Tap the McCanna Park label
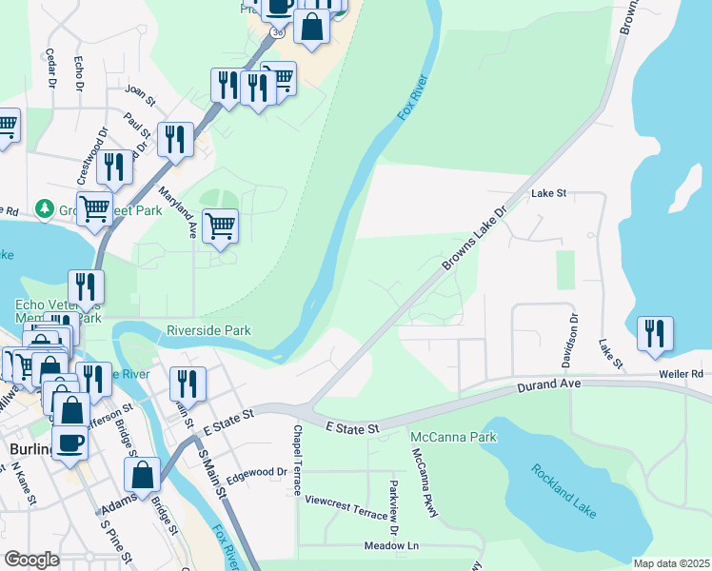tap(441, 437)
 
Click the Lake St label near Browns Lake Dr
tap(549, 192)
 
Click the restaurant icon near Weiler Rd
tap(655, 333)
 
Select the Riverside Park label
tap(208, 330)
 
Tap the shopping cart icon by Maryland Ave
tap(221, 226)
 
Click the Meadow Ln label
tap(391, 546)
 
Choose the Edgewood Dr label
tap(256, 471)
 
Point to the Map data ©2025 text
tap(671, 563)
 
